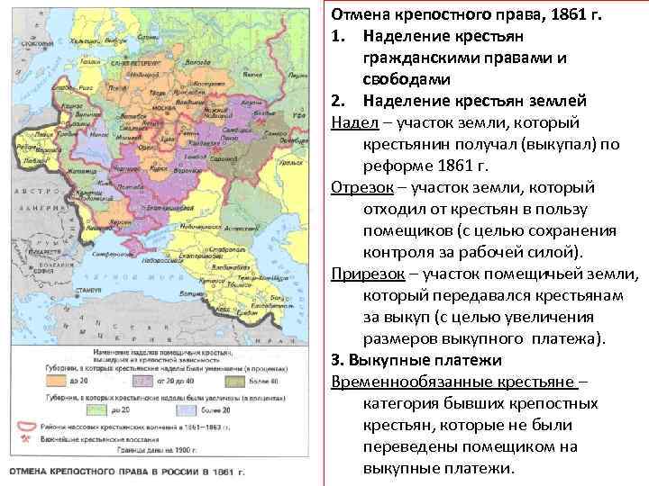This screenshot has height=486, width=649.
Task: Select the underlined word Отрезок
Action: click(x=358, y=187)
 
